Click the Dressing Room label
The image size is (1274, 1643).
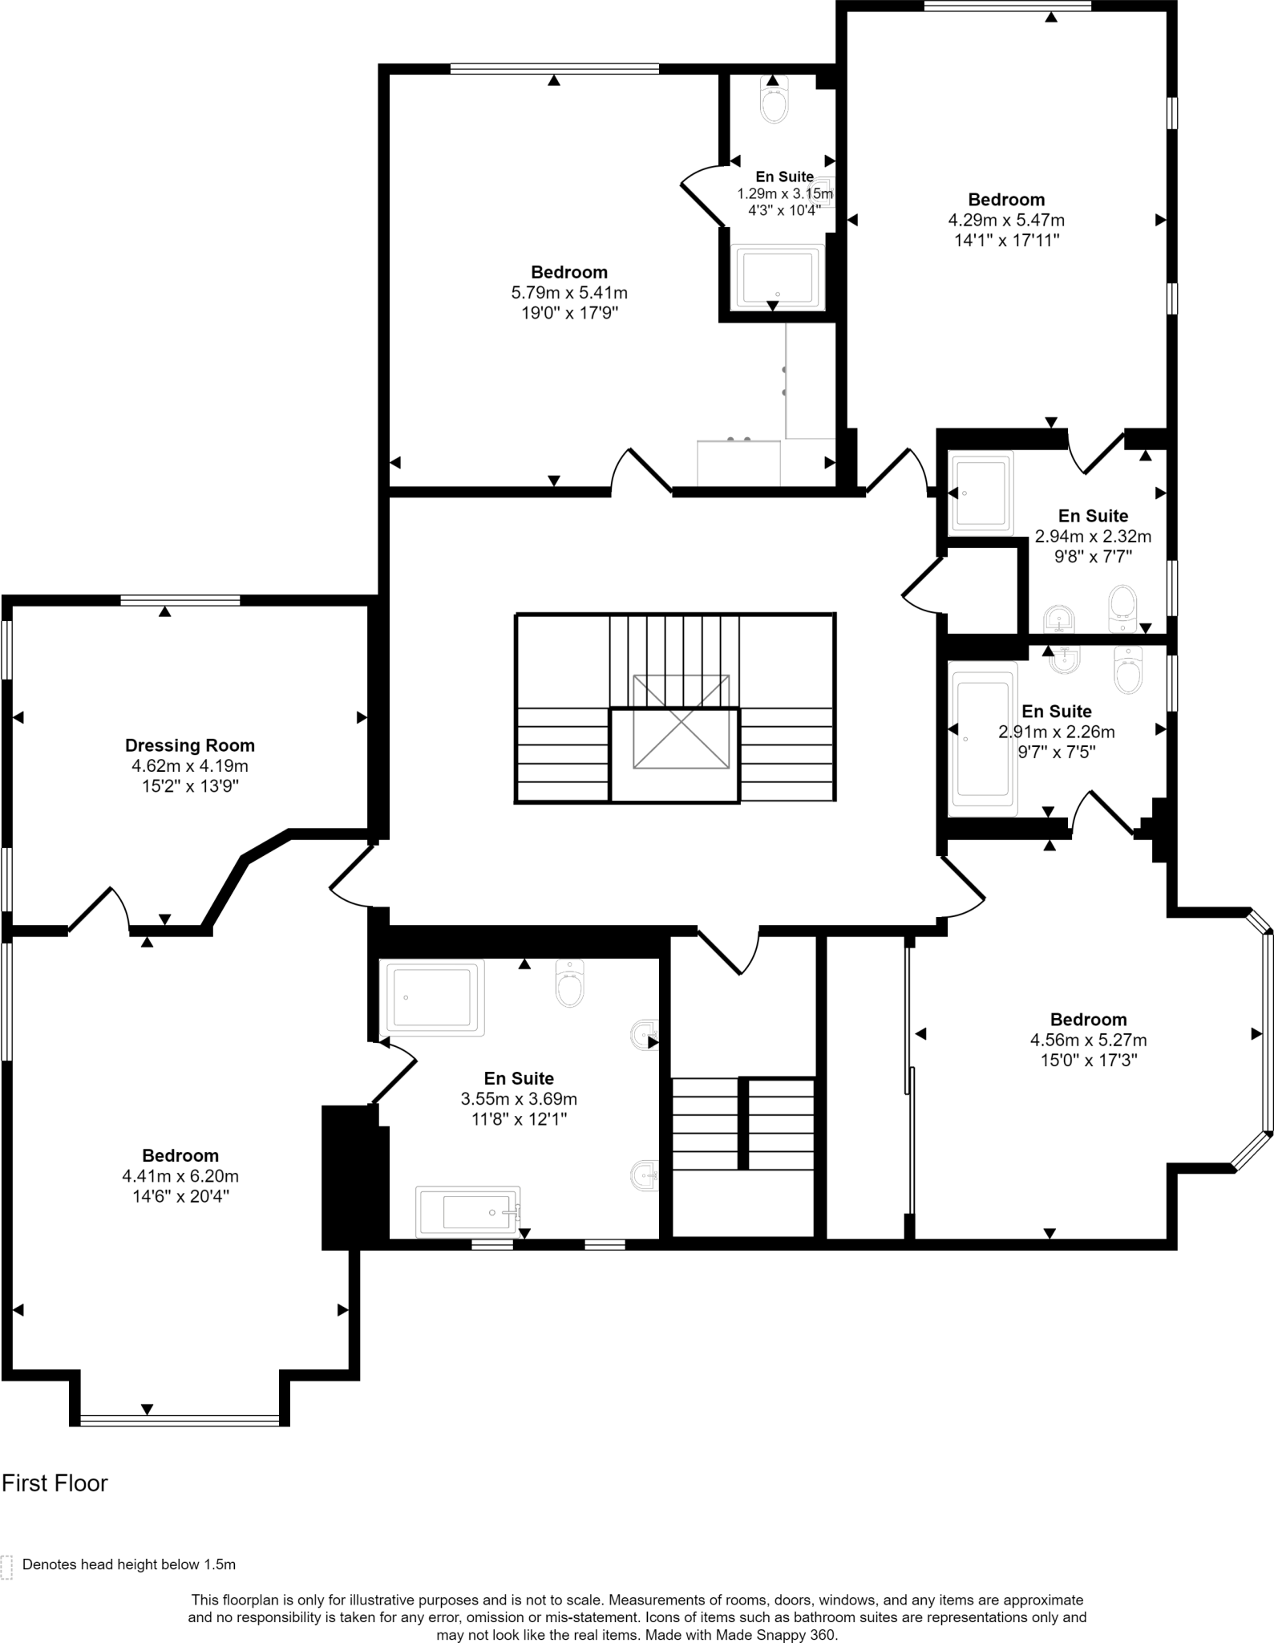[x=190, y=745]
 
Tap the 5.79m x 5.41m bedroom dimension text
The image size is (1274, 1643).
[x=569, y=293]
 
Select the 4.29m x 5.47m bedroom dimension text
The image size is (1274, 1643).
[x=1006, y=220]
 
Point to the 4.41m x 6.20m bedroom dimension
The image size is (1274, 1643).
[x=180, y=1176]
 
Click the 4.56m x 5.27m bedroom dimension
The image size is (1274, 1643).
[x=1088, y=1041]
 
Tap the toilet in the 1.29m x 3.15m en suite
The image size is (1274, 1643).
[x=775, y=103]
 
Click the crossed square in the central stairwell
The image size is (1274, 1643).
[x=681, y=721]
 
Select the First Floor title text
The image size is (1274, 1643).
[x=55, y=1483]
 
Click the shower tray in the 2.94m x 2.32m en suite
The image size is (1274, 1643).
[x=981, y=493]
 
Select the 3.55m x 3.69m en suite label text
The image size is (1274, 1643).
[x=519, y=1079]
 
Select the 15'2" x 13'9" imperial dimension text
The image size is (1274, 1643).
[x=190, y=786]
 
